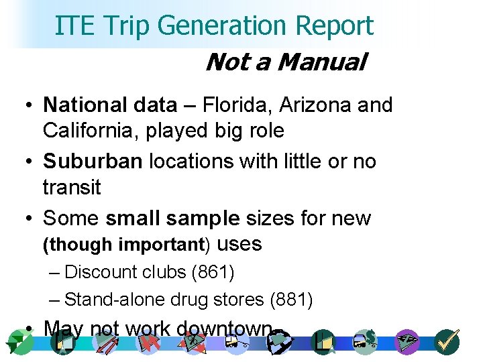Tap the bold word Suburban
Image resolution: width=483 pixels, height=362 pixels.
pyautogui.click(x=93, y=162)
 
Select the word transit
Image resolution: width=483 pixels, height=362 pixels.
pyautogui.click(x=71, y=187)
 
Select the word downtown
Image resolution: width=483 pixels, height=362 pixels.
pyautogui.click(x=225, y=328)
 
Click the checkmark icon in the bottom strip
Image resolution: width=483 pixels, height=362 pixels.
pyautogui.click(x=446, y=342)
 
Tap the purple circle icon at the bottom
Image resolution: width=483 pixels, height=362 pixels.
pyautogui.click(x=407, y=342)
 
